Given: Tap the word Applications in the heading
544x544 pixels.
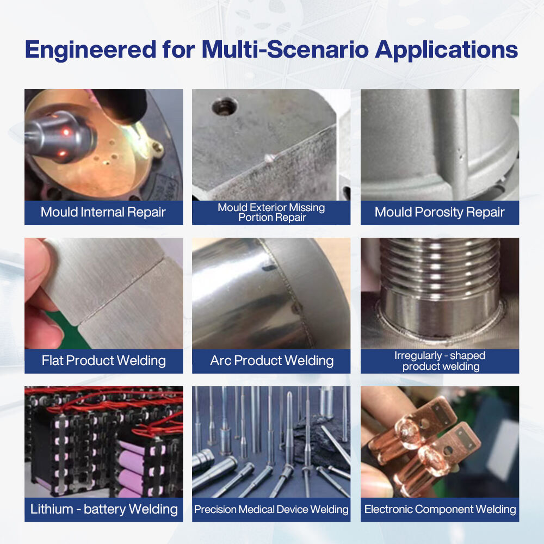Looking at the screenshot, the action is [x=447, y=50].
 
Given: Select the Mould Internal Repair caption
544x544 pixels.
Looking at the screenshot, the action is [x=103, y=212].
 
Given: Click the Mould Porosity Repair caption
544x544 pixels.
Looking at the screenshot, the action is [x=440, y=212].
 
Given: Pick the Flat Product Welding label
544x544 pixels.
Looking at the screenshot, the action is [x=103, y=361].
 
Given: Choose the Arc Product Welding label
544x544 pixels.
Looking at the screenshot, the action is [x=271, y=361].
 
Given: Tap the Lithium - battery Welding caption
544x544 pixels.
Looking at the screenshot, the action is [x=104, y=509].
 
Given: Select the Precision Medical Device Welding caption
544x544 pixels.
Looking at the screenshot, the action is [x=271, y=509].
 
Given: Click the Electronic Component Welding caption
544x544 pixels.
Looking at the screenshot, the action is [x=440, y=509].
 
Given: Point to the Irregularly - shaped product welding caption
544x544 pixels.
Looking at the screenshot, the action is [x=440, y=361].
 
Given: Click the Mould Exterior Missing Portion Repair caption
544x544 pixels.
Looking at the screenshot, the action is [x=271, y=212].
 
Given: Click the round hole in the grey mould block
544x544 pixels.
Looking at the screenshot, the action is [x=225, y=106].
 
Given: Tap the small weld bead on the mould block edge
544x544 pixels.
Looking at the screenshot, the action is [x=269, y=158].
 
